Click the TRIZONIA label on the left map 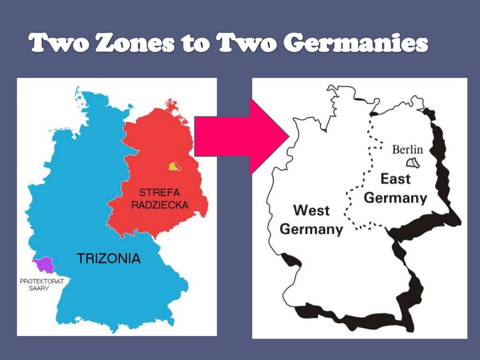(x=108, y=258)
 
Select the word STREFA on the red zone (x=159, y=193)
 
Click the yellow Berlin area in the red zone (x=174, y=166)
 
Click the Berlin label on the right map (x=407, y=150)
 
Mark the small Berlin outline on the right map (x=412, y=163)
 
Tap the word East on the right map (x=395, y=179)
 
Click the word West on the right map (x=312, y=210)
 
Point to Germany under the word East (x=395, y=198)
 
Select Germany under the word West (x=311, y=229)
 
